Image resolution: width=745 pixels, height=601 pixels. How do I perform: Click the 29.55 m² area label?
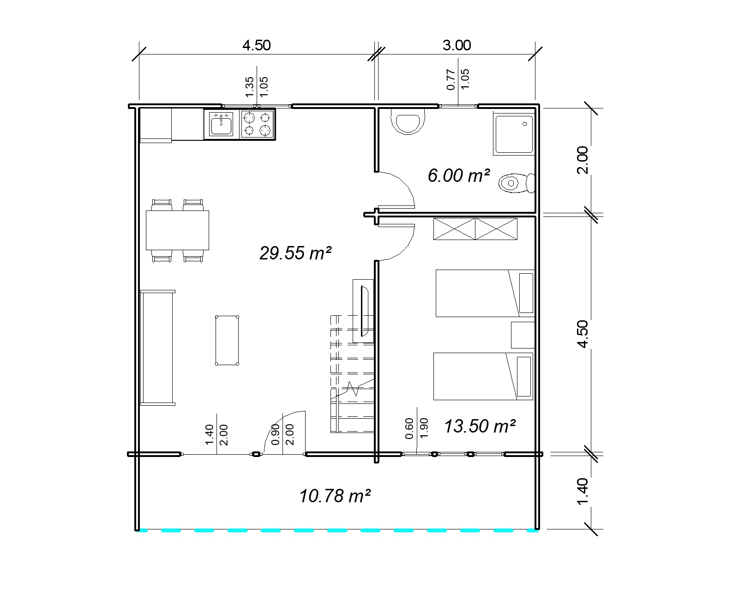tap(295, 253)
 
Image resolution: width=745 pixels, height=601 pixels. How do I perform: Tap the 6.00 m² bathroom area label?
tap(458, 176)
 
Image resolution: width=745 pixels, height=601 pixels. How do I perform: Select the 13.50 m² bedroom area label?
tap(479, 426)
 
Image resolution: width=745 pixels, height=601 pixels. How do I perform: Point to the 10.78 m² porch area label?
tap(335, 496)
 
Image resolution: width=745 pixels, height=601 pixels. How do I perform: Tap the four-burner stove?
tap(257, 124)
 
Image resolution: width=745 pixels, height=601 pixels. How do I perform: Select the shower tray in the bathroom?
tap(513, 134)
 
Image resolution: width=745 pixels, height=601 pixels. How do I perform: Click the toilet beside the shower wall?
tap(516, 183)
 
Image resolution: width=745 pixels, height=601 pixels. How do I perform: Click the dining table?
tap(177, 230)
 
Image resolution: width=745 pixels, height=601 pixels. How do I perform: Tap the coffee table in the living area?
tap(227, 340)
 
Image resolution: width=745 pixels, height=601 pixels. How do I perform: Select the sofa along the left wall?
tap(157, 348)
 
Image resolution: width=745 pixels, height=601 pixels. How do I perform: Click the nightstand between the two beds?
tap(522, 335)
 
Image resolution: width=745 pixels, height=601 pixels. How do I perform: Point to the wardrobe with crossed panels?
tap(475, 229)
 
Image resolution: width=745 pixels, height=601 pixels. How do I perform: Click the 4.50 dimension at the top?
tap(256, 45)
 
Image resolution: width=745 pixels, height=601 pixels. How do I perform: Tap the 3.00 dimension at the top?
tap(457, 45)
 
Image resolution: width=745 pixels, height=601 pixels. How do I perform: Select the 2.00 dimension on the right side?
tap(583, 160)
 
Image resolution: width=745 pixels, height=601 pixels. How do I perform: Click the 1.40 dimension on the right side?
tap(583, 491)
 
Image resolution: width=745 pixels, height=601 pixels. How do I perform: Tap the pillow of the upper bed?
tap(526, 293)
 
